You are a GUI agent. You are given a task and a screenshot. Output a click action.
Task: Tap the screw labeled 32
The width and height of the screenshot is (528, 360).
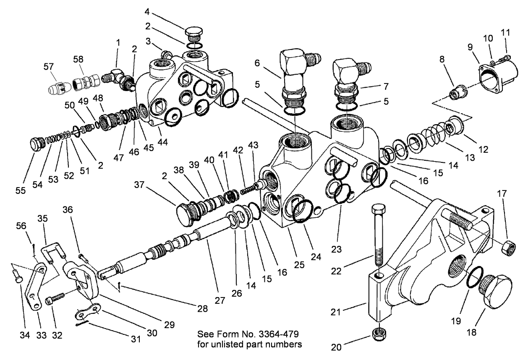click(56, 299)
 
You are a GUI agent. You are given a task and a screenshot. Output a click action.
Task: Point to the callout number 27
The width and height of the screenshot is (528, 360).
click(220, 301)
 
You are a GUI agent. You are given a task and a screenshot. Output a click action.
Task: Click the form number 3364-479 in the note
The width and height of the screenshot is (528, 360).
click(282, 335)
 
